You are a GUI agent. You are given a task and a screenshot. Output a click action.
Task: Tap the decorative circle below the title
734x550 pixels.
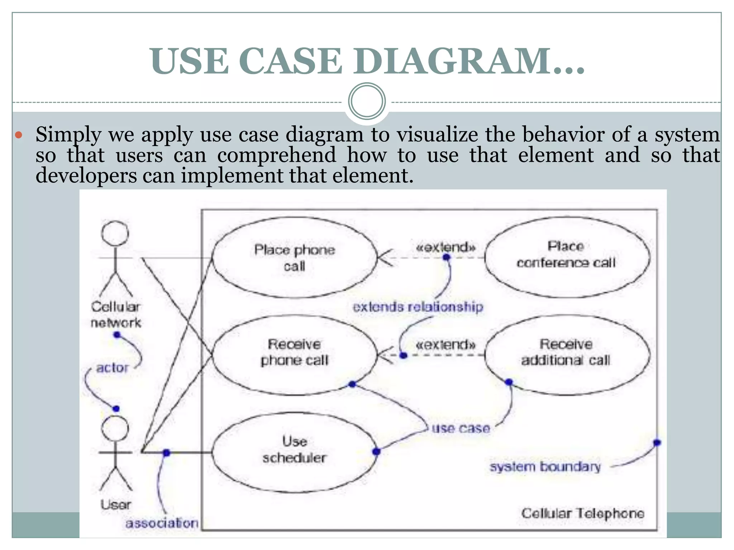[x=367, y=101]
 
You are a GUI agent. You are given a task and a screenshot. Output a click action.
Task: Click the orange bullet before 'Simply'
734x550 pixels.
[x=19, y=136]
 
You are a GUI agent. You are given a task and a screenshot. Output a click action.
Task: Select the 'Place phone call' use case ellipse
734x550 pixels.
[x=295, y=257]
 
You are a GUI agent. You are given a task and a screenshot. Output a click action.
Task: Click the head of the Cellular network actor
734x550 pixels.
[x=115, y=233]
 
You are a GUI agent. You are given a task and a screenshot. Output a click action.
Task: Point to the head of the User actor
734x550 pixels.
[x=115, y=429]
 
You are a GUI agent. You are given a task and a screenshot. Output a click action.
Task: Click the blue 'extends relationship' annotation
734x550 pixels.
[x=418, y=307]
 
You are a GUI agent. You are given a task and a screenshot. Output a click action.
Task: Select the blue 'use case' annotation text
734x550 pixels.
[x=461, y=428]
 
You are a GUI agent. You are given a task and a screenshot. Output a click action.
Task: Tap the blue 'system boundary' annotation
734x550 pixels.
[x=545, y=467]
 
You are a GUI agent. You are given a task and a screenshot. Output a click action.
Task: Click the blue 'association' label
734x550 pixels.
[x=162, y=523]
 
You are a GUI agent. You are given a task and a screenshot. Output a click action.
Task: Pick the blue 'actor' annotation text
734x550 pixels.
[x=112, y=368]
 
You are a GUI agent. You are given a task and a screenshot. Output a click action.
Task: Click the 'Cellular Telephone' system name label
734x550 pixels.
[x=583, y=513]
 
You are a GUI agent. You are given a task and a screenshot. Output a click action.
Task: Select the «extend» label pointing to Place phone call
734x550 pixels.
[x=445, y=247]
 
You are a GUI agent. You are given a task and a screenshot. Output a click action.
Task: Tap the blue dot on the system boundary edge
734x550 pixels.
[x=657, y=443]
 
